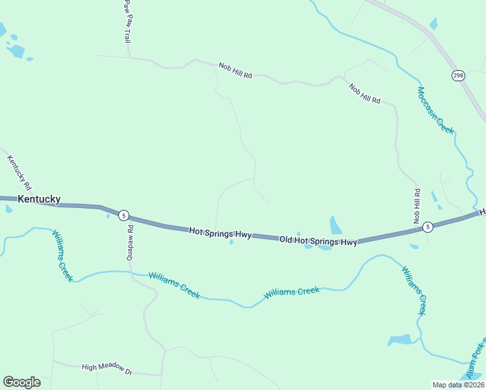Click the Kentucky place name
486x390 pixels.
point(39,200)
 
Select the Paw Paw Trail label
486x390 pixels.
point(127,21)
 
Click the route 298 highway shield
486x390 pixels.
point(458,75)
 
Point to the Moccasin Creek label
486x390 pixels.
point(435,110)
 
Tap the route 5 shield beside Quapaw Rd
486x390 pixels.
point(123,216)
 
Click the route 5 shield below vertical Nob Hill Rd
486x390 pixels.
point(427,227)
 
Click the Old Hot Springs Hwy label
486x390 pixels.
point(318,241)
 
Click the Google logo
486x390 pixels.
point(21,382)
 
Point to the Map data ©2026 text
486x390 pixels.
point(458,385)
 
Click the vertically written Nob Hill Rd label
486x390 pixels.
point(417,207)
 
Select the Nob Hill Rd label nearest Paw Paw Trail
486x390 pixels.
point(235,71)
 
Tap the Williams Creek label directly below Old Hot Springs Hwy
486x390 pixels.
point(292,292)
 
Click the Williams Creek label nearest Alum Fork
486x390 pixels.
point(413,291)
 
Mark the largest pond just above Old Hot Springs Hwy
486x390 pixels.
point(335,226)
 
